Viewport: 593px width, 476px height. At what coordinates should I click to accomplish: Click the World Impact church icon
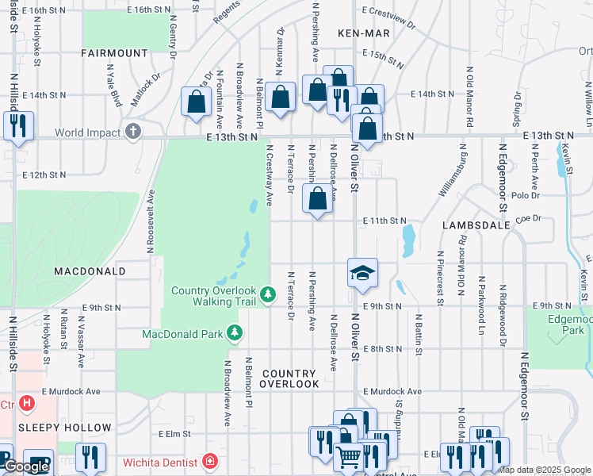click(x=133, y=131)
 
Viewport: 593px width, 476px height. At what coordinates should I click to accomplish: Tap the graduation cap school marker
click(x=362, y=274)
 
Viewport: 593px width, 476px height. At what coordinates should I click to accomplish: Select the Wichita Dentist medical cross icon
click(x=209, y=460)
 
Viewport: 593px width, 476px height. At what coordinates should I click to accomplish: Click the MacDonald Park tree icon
click(x=234, y=332)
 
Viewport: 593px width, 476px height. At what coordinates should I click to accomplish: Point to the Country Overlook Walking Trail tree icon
click(x=269, y=295)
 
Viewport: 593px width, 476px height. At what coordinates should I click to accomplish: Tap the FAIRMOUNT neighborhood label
click(x=114, y=53)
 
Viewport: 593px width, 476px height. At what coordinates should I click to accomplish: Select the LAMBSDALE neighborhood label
click(x=475, y=225)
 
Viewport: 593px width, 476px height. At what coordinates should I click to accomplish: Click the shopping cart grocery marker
click(x=349, y=457)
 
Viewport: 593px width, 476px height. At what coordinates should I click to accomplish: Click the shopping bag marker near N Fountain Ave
click(x=196, y=102)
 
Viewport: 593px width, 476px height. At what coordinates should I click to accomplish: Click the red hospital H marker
click(x=27, y=404)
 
